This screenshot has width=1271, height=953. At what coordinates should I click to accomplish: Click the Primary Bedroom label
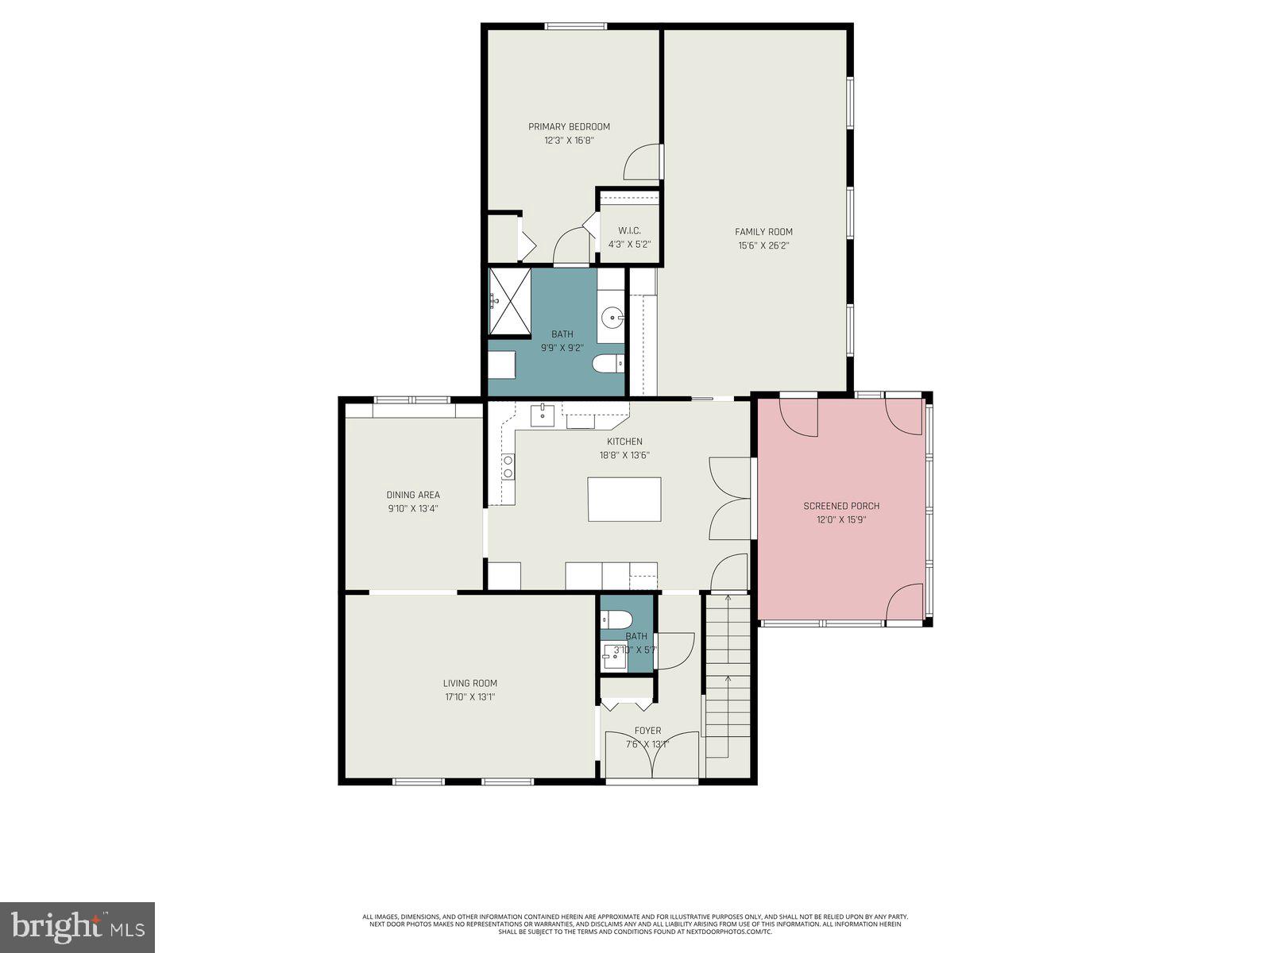tap(569, 126)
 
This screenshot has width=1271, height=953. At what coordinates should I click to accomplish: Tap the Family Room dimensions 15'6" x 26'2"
tap(763, 245)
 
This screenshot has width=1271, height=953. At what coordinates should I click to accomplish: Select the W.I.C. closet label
tap(629, 230)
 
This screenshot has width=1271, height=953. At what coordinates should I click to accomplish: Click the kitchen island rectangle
tap(624, 499)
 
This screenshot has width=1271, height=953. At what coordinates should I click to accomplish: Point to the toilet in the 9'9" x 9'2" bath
tap(608, 364)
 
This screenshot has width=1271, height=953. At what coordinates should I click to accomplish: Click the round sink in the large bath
tap(612, 318)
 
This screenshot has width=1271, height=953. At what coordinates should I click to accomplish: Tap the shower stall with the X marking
tap(508, 302)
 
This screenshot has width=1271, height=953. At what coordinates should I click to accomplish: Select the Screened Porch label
tap(841, 506)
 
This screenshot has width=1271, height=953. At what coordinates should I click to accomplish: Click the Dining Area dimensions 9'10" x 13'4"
tap(413, 508)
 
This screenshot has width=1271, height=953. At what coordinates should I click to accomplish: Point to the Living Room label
tap(470, 683)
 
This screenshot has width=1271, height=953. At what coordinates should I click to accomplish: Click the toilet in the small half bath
tap(616, 619)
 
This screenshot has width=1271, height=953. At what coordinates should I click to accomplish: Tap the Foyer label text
tap(647, 731)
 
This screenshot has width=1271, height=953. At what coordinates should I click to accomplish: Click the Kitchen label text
tap(624, 442)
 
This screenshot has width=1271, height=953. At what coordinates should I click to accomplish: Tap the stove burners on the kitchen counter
tap(508, 466)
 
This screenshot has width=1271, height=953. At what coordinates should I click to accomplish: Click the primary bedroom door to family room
tap(642, 162)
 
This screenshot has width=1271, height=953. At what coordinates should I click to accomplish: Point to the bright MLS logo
tap(77, 927)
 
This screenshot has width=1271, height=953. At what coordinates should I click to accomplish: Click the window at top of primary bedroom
tap(576, 26)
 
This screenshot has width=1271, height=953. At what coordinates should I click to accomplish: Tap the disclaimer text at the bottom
tap(635, 924)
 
